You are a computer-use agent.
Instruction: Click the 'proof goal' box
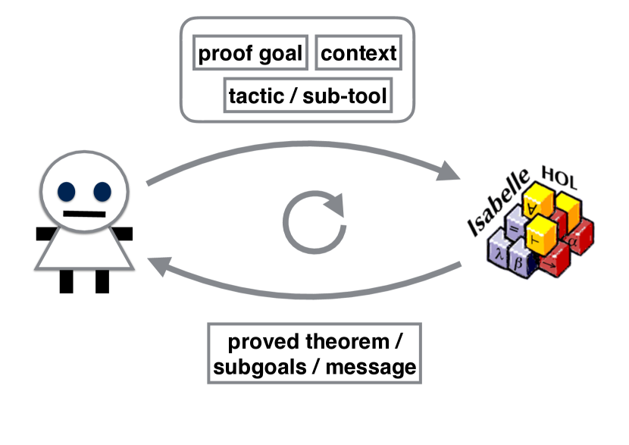250,52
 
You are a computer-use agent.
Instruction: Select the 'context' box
358,52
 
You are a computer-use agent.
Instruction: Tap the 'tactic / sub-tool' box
308,95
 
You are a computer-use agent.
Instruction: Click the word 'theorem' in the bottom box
347,341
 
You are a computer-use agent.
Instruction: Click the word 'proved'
264,342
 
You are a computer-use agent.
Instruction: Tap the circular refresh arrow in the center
315,222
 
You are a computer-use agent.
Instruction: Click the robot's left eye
66,191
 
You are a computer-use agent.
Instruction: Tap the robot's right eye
102,191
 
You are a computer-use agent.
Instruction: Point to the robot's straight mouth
84,214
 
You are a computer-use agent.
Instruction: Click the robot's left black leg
66,281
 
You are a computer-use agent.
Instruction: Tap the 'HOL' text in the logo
559,177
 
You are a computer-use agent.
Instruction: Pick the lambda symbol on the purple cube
499,254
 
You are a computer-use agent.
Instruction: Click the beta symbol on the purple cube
518,263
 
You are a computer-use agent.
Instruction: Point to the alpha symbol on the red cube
571,242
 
